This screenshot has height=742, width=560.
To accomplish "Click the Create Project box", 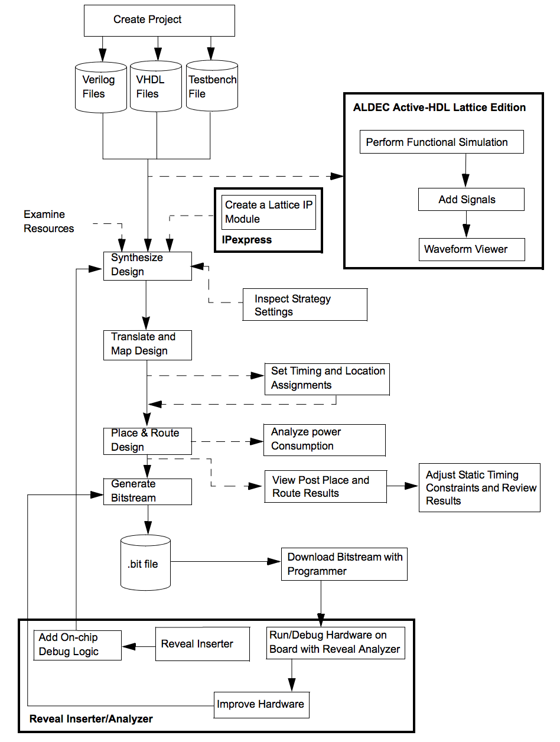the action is pyautogui.click(x=159, y=21).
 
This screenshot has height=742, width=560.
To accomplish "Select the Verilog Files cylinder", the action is pyautogui.click(x=100, y=87).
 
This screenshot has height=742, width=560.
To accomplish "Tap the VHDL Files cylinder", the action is pyautogui.click(x=156, y=86).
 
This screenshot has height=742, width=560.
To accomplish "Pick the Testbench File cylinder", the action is pyautogui.click(x=212, y=86).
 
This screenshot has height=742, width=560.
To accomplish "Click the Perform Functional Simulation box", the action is pyautogui.click(x=441, y=142).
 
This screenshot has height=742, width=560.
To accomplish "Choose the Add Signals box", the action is pyautogui.click(x=471, y=200).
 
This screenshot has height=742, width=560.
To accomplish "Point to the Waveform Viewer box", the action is pyautogui.click(x=471, y=249).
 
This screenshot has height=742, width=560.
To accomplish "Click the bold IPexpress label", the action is pyautogui.click(x=246, y=240).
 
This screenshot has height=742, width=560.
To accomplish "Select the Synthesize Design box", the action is pyautogui.click(x=147, y=266).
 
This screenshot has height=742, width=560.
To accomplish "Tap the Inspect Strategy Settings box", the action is pyautogui.click(x=305, y=305).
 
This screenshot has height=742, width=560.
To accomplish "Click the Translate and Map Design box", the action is pyautogui.click(x=147, y=345).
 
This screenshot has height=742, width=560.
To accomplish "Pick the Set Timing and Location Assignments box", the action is pyautogui.click(x=327, y=379).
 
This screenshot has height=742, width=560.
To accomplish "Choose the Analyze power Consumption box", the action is pyautogui.click(x=324, y=440).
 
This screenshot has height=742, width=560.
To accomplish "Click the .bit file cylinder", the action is pyautogui.click(x=145, y=562).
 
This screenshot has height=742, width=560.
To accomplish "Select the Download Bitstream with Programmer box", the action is pyautogui.click(x=344, y=564).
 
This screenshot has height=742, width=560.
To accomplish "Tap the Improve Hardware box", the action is pyautogui.click(x=261, y=705).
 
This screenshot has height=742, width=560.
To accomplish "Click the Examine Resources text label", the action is pyautogui.click(x=48, y=221).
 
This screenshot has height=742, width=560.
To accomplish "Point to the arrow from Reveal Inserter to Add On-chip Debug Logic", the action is pyautogui.click(x=139, y=646).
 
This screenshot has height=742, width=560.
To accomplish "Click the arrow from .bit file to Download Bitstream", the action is pyautogui.click(x=226, y=561).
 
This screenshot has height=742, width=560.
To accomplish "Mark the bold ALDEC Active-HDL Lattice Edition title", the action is pyautogui.click(x=439, y=107).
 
